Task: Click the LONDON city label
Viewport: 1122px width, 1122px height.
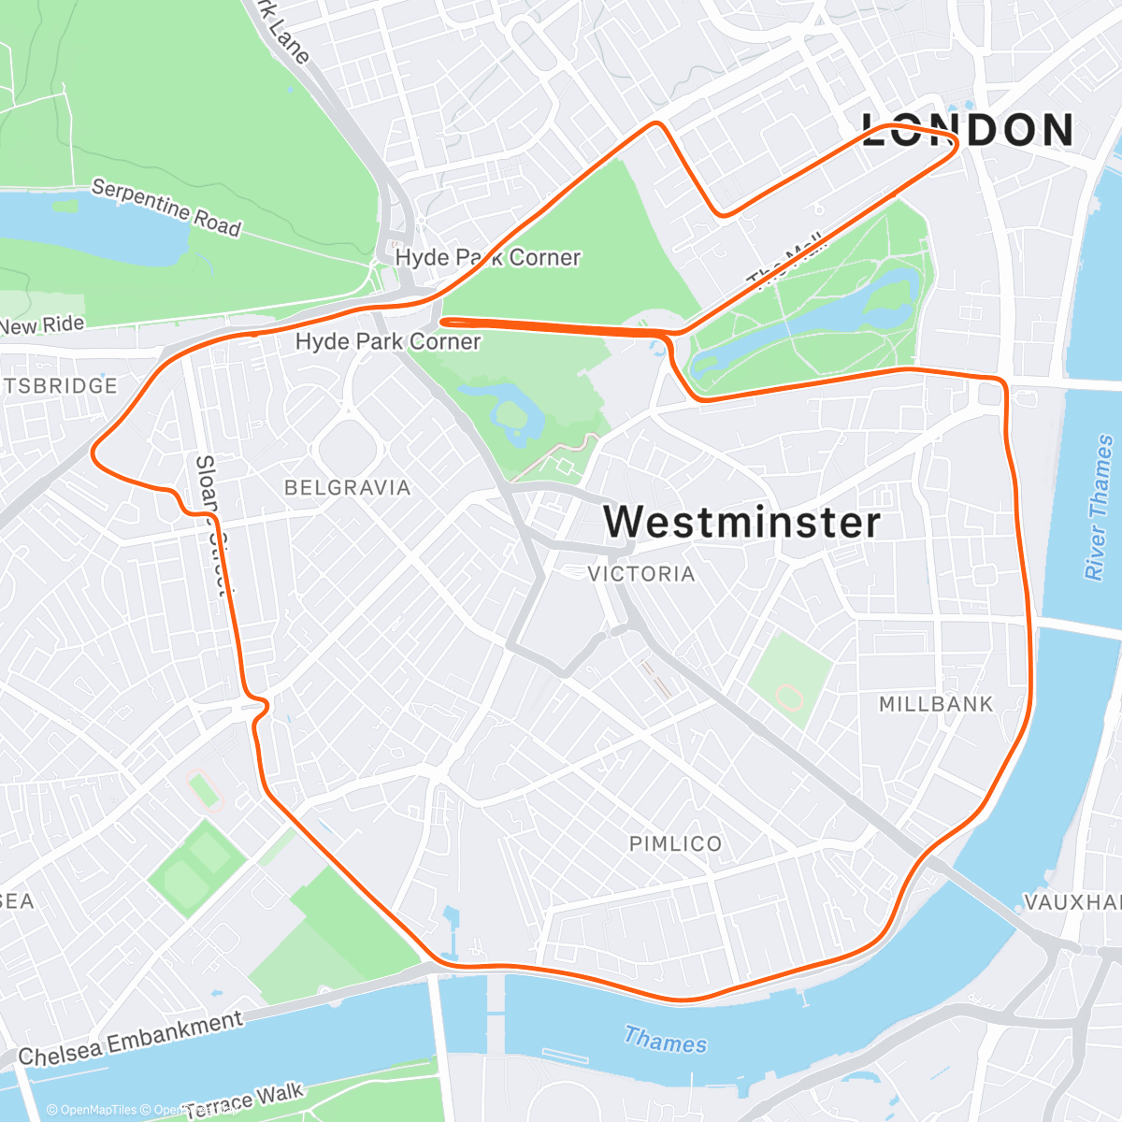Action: click(968, 130)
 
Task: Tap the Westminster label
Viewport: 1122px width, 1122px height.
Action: click(741, 522)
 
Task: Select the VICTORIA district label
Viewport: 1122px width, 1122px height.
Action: click(641, 574)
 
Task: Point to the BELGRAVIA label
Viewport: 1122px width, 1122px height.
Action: click(348, 487)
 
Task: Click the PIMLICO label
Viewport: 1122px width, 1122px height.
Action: click(675, 844)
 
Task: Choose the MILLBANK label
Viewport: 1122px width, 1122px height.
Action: click(936, 704)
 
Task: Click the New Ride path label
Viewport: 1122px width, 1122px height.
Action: click(43, 325)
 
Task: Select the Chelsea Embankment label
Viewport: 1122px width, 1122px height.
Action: click(131, 1039)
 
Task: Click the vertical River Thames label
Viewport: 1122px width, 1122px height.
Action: click(1100, 506)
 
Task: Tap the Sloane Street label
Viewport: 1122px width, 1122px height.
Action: click(211, 524)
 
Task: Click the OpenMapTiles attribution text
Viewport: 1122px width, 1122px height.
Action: click(91, 1110)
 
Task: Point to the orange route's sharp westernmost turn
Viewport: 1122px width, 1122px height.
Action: click(93, 453)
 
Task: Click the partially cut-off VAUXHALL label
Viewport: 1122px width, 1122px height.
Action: click(1072, 902)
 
